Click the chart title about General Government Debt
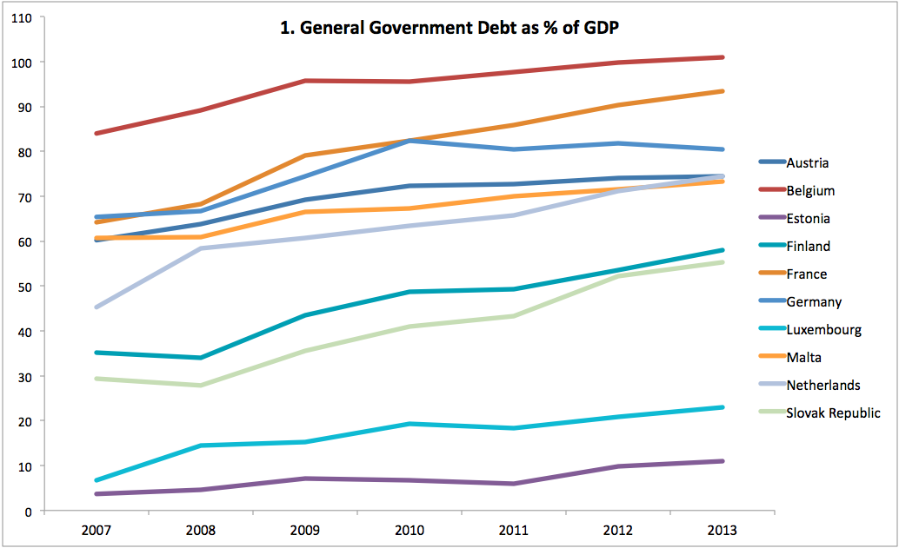pyautogui.click(x=449, y=28)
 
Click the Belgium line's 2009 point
pyautogui.click(x=305, y=81)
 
